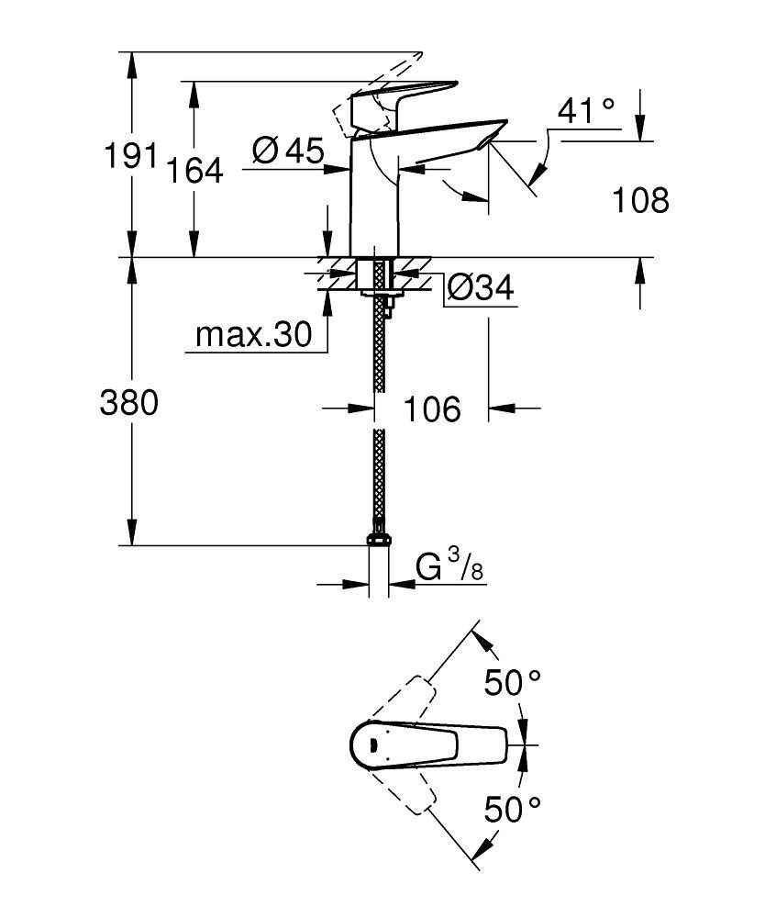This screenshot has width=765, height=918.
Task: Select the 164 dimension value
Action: click(x=194, y=170)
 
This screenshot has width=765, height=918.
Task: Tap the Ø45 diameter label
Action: click(x=287, y=151)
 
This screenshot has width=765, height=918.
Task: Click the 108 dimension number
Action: click(x=639, y=200)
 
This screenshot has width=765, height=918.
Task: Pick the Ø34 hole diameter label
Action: click(x=480, y=289)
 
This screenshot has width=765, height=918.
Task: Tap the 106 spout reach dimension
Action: click(x=431, y=409)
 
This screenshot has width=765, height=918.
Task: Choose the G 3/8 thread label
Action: click(x=449, y=568)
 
